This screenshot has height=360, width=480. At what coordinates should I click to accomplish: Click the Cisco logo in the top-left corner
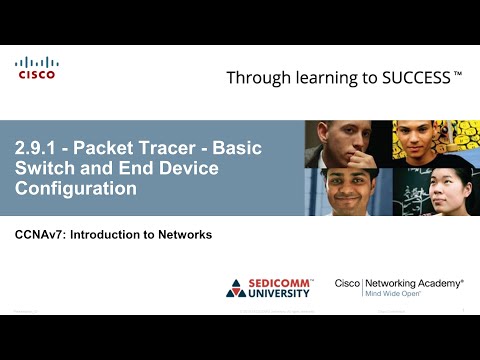tap(36, 67)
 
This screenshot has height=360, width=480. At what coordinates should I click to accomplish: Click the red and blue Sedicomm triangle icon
tap(237, 288)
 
